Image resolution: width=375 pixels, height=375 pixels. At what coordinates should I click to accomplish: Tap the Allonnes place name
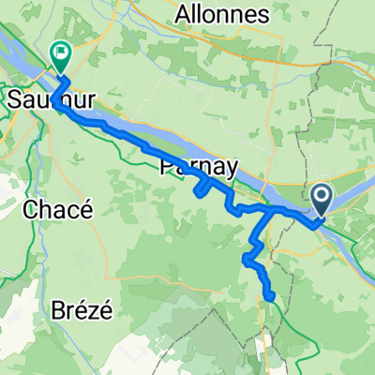(x=222, y=14)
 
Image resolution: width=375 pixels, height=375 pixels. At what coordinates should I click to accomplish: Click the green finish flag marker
(x=62, y=59)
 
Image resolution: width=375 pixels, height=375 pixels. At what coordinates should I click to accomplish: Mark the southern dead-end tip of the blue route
(x=270, y=298)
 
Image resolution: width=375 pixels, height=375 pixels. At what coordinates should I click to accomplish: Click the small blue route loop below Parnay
(x=202, y=189)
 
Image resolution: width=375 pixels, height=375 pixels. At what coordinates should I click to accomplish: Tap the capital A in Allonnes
(x=183, y=14)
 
